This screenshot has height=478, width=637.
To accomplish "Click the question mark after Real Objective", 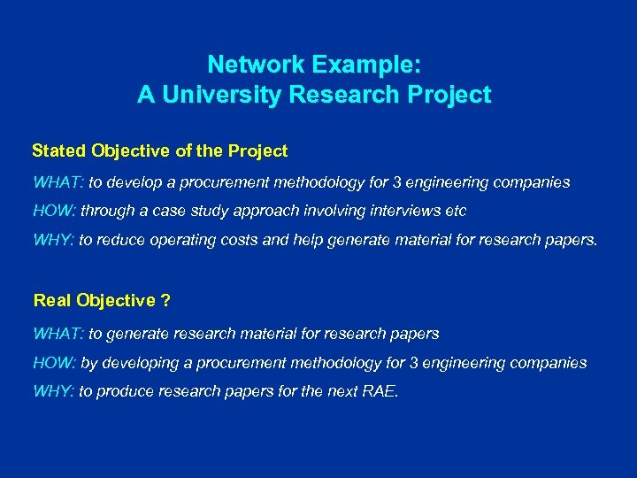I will click(x=165, y=301).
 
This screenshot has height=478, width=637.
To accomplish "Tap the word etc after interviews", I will click(x=455, y=212).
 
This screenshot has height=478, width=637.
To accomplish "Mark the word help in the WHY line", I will click(x=300, y=240).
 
